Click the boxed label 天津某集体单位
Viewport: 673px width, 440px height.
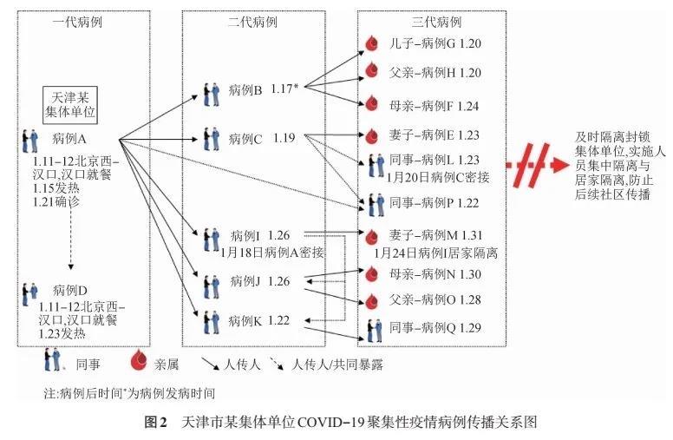tap(70, 105)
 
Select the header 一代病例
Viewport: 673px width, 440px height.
tap(78, 22)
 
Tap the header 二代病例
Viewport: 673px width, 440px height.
tap(252, 22)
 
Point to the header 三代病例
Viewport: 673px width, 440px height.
tap(436, 22)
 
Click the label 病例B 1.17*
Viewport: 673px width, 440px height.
tap(263, 89)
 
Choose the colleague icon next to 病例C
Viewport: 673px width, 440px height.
tap(211, 139)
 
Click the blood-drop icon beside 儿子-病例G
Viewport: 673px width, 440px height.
tap(372, 43)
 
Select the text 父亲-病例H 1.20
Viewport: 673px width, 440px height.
tap(435, 73)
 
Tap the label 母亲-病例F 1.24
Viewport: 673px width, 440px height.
tap(434, 106)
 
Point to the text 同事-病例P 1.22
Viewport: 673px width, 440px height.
tap(434, 203)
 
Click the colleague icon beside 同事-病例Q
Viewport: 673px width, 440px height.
tap(375, 331)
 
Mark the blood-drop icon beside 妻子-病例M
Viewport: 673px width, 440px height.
tap(372, 236)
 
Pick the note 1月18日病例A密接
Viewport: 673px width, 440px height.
tap(272, 253)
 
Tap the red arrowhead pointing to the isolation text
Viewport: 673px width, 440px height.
tap(559, 165)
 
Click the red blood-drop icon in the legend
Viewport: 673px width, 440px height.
tap(140, 360)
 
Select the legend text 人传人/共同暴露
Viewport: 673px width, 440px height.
tap(336, 364)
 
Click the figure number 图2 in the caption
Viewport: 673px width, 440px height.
tap(155, 422)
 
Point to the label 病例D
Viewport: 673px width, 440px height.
tap(70, 291)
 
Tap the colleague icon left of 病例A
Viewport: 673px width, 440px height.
tap(30, 141)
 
